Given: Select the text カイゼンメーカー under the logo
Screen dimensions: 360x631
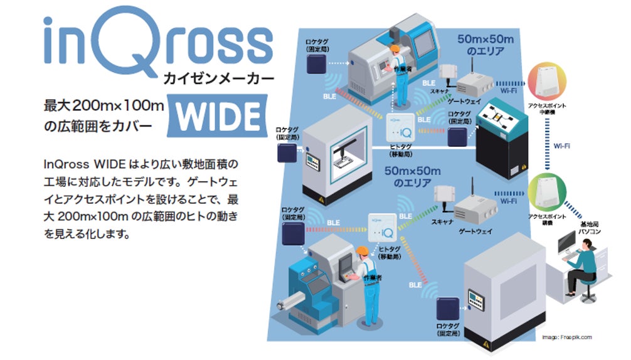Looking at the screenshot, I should pyautogui.click(x=218, y=78).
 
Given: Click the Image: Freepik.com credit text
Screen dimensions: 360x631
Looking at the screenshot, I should pyautogui.click(x=567, y=337).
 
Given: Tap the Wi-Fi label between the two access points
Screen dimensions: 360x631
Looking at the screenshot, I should pyautogui.click(x=561, y=146).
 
